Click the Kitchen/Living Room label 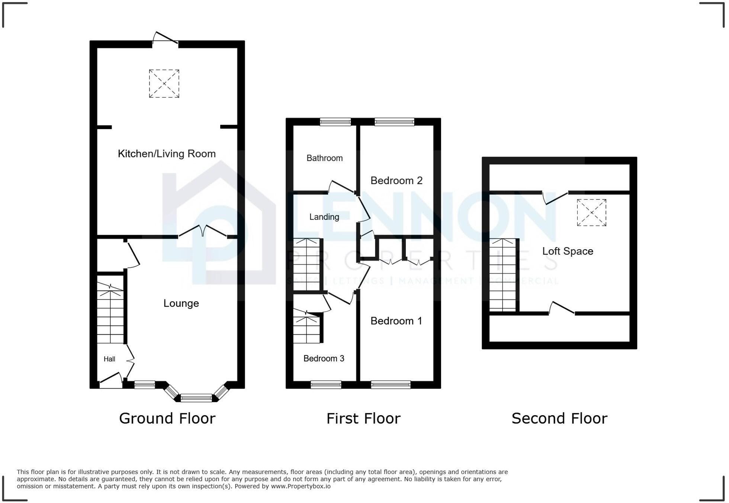coord(167,154)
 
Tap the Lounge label coord(181,303)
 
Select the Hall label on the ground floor coord(109,359)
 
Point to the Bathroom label coord(324,158)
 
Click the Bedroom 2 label coord(396,181)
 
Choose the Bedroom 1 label coord(396,321)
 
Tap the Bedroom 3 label coord(324,358)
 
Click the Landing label coord(324,217)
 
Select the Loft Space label coord(567,251)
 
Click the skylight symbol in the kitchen coord(164,84)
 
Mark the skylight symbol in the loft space coord(591,212)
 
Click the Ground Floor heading coord(167,419)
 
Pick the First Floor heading coord(363,419)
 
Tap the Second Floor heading coord(559,419)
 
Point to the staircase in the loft coord(502,275)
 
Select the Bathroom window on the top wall coord(335,122)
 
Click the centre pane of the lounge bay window coord(196,398)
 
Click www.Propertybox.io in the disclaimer coord(301,486)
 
